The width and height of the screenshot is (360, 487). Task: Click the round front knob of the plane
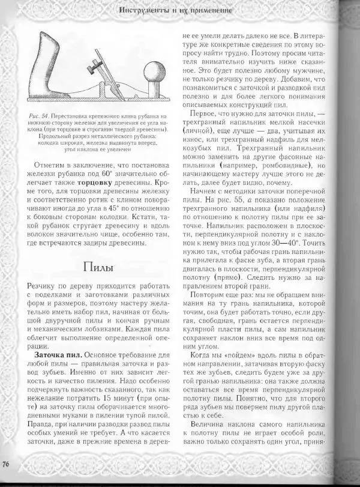pos(153,68)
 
